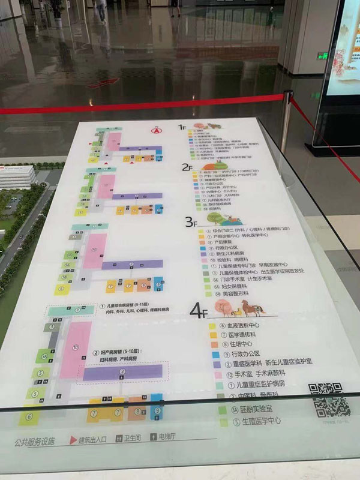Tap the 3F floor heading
pos(190,223)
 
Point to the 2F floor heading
pos(187,168)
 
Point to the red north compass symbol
pos(157,129)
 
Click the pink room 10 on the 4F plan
pos(75,349)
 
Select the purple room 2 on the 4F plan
pos(123,373)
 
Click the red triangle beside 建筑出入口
pos(73,440)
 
